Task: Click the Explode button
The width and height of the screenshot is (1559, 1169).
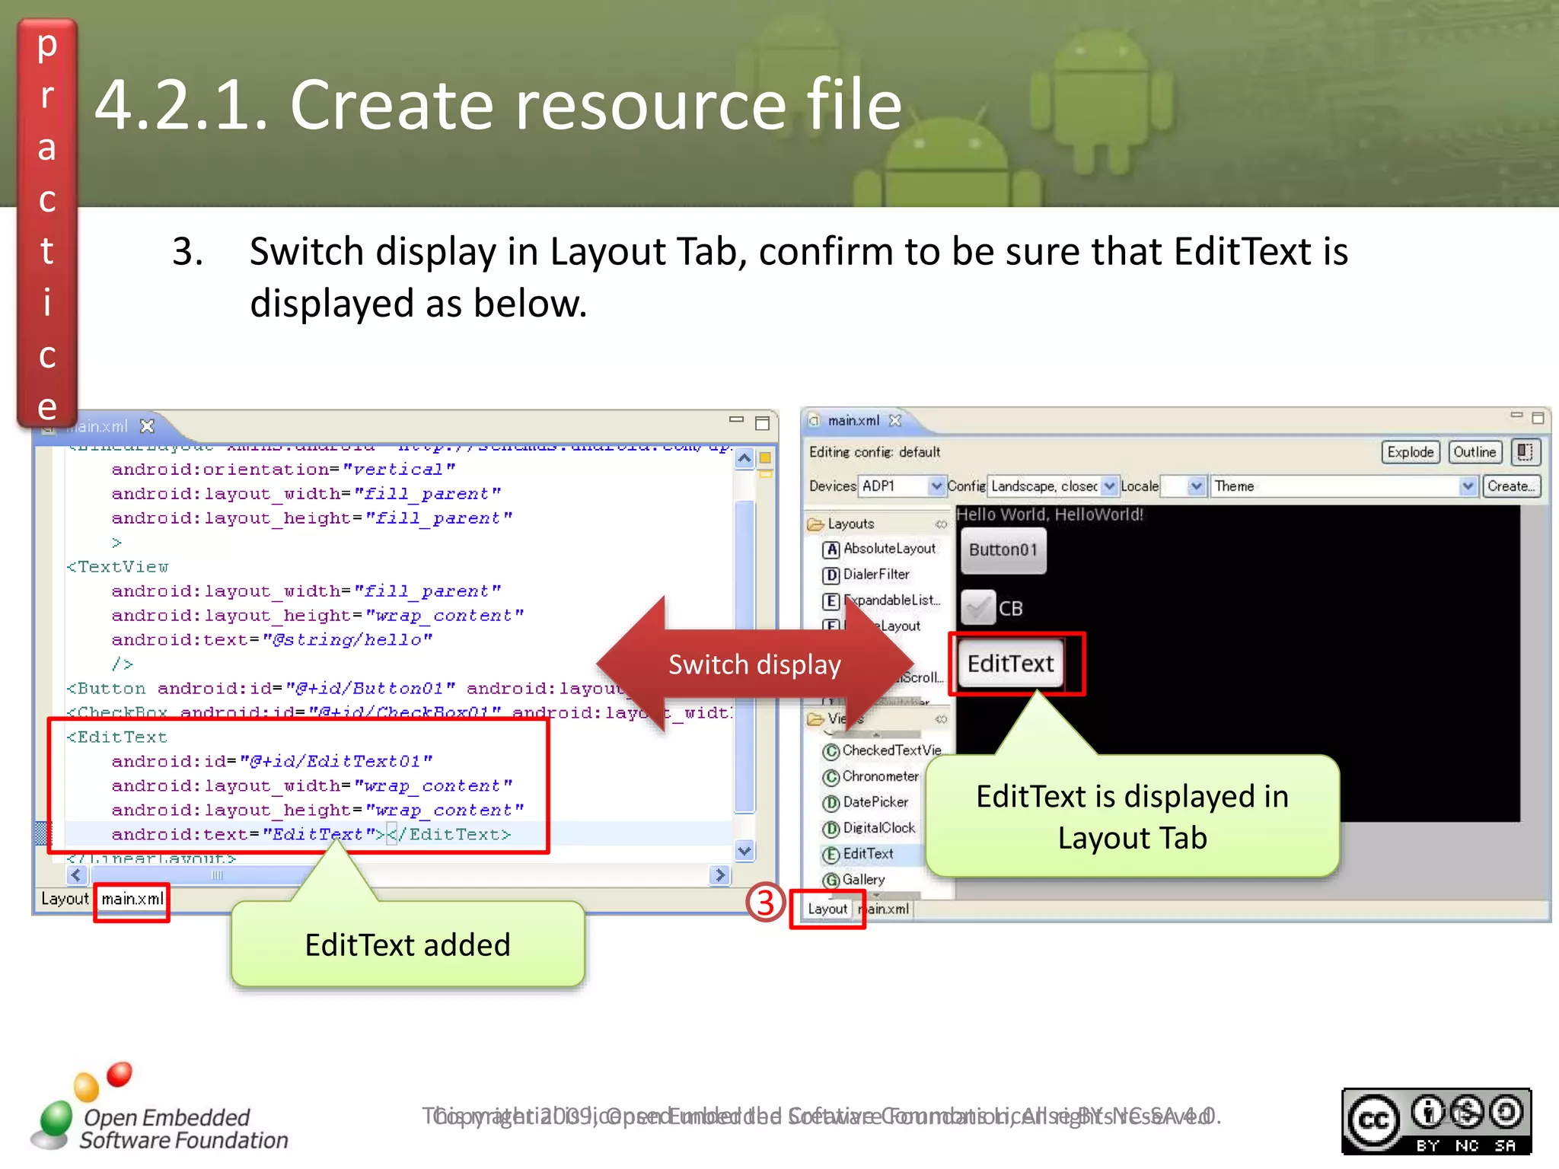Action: [1410, 452]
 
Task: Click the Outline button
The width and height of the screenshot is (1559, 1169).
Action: [1474, 452]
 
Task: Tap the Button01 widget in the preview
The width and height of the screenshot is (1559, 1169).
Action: [1003, 549]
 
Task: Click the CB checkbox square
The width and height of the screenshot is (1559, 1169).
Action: [978, 607]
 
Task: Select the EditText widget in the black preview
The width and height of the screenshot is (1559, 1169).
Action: [1010, 664]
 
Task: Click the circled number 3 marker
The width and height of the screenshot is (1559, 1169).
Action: [765, 903]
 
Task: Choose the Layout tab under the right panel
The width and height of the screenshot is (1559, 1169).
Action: [827, 909]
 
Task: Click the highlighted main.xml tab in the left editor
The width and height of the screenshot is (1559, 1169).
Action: [132, 900]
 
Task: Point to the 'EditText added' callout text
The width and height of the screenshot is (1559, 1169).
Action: [407, 945]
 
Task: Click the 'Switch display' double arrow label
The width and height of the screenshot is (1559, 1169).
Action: [754, 664]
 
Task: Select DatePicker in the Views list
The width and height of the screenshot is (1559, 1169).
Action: [875, 802]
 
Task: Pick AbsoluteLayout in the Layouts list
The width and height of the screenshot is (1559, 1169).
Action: [888, 549]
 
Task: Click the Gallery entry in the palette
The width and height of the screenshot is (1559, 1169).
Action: [862, 880]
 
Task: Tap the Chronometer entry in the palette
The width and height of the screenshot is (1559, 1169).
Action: [880, 776]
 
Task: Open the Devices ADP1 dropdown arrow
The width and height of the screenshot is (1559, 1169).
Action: [936, 486]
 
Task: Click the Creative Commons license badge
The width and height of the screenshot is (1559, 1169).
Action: [1436, 1121]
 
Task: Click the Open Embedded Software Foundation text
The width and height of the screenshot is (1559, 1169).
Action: [183, 1129]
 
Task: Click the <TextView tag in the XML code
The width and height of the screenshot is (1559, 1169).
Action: [118, 567]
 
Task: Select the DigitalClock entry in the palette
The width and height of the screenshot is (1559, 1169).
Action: [878, 828]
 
